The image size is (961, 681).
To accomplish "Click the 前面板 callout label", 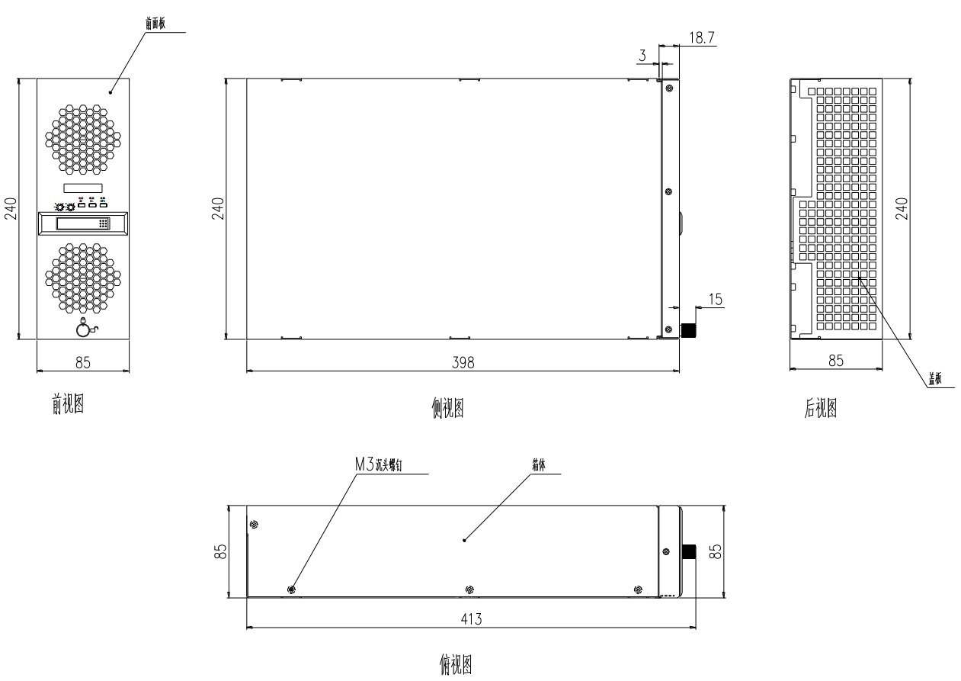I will click(155, 24).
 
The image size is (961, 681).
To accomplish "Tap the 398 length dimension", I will click(462, 363).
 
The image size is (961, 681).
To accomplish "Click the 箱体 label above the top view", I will click(539, 464).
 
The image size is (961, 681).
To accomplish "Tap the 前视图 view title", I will click(67, 406).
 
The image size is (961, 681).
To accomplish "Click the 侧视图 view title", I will click(447, 410).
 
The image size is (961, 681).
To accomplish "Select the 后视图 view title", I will click(821, 409).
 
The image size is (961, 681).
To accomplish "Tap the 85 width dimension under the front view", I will click(83, 363).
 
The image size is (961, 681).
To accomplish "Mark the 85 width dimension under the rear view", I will click(836, 361).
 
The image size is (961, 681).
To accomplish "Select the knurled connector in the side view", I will click(689, 330).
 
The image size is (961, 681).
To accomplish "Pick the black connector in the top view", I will click(690, 551).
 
